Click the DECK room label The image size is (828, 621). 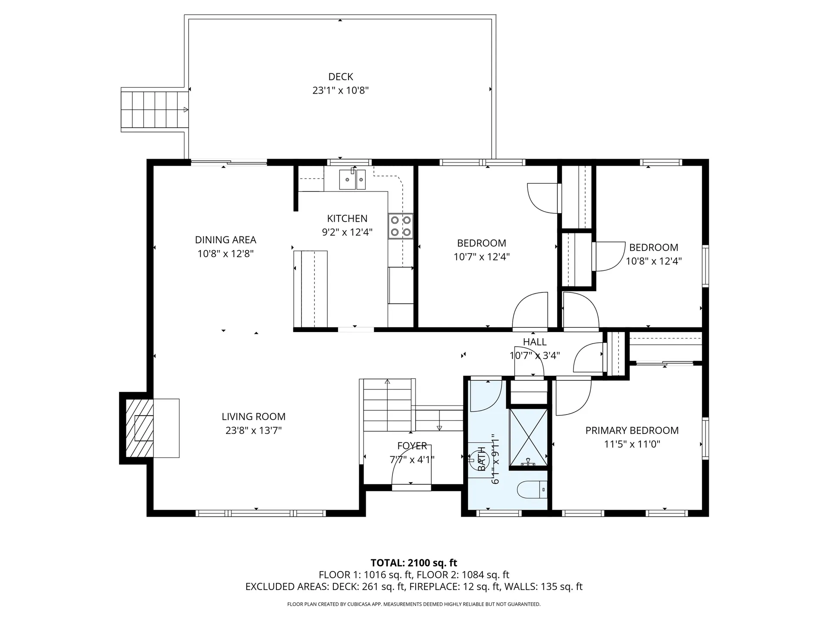341,77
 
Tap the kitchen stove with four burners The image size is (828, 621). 400,226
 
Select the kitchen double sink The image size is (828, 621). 352,179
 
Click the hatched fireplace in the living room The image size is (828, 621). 139,428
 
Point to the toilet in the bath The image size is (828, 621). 532,489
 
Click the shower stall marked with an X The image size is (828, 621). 528,437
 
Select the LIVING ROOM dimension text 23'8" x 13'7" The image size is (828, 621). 254,430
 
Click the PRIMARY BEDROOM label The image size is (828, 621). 632,430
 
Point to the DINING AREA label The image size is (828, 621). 226,240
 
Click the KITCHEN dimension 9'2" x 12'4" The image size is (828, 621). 347,232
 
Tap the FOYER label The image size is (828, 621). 412,445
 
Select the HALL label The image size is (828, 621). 535,342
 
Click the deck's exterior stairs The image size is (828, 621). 154,110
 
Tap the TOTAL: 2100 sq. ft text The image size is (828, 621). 414,563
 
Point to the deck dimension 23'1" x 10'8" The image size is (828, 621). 341,91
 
